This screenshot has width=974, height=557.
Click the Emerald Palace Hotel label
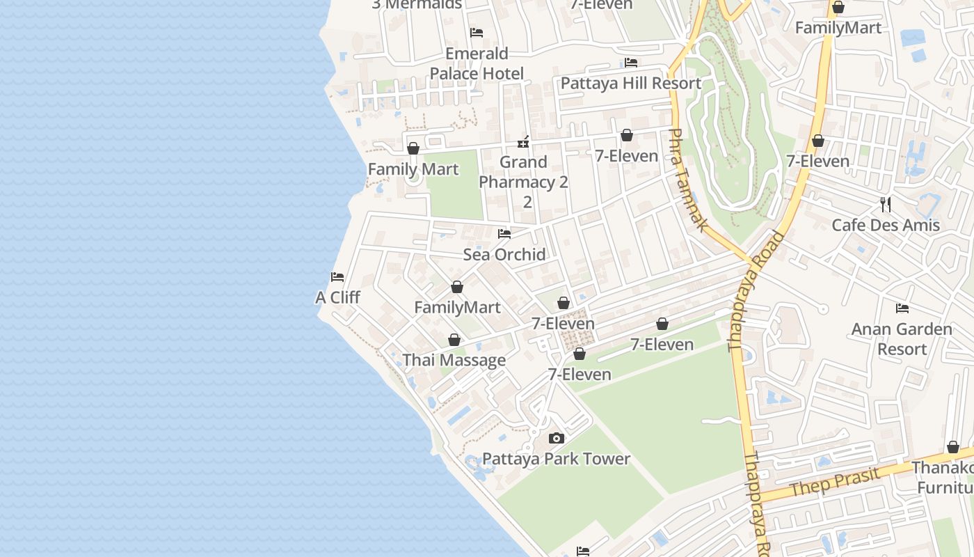tap(477, 63)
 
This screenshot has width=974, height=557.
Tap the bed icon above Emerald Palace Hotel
tap(477, 33)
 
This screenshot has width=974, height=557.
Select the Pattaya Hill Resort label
tap(630, 83)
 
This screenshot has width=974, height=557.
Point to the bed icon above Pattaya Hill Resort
tap(631, 63)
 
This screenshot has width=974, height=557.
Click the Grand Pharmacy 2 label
tap(523, 172)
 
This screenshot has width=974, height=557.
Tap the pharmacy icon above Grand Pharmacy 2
tap(523, 142)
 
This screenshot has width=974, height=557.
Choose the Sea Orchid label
tap(504, 254)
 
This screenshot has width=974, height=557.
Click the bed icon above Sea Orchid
tap(504, 234)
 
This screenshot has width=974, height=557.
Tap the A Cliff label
tap(337, 297)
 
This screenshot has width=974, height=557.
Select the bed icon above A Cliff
tap(337, 277)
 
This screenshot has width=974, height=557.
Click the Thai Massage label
tap(454, 360)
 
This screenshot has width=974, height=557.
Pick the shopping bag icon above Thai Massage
tap(454, 340)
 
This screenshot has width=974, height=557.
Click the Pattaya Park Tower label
tap(556, 459)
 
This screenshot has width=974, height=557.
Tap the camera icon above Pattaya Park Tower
tap(556, 439)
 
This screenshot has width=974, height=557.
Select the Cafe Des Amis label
tap(886, 225)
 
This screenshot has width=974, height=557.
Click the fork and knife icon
tap(886, 204)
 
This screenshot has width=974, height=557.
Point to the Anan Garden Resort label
tap(902, 338)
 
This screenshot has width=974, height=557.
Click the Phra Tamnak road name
tap(688, 180)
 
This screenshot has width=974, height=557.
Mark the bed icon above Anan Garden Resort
tap(902, 308)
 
